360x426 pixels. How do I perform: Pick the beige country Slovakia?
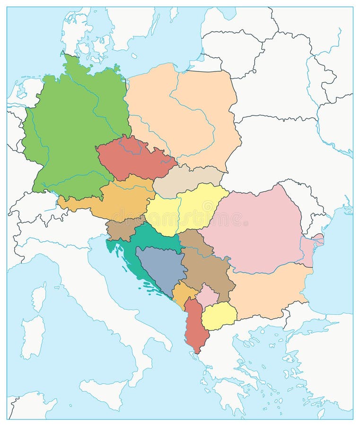[187, 182]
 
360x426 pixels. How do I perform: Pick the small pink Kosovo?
[207, 295]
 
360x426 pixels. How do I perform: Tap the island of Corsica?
[38, 296]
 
